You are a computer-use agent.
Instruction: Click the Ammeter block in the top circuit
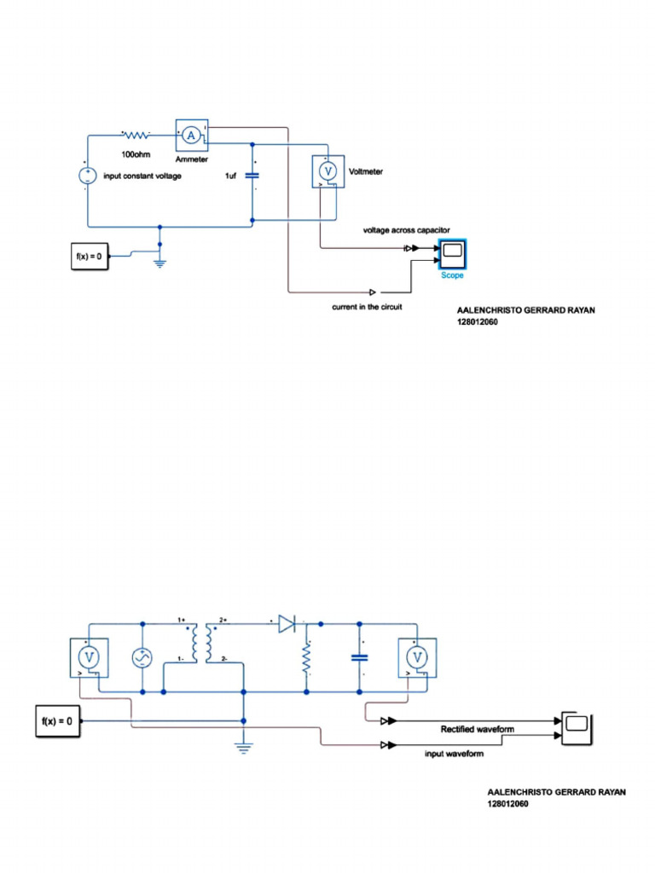[192, 136]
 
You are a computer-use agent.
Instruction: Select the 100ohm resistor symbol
[136, 135]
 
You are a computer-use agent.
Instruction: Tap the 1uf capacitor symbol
[252, 176]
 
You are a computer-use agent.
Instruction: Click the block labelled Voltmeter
[328, 171]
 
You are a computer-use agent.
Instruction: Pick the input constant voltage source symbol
[88, 176]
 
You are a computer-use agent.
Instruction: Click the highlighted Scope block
[452, 254]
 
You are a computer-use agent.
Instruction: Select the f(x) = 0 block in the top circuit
[90, 257]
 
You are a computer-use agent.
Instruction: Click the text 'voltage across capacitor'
[407, 230]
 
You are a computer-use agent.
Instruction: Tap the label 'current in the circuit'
[367, 307]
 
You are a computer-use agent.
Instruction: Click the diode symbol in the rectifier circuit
[287, 624]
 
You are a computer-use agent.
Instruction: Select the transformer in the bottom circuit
[201, 643]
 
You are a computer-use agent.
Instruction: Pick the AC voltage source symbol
[142, 658]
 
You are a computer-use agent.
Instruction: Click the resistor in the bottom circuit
[306, 659]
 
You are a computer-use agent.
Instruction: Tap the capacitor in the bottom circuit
[360, 657]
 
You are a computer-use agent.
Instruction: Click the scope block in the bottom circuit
[577, 728]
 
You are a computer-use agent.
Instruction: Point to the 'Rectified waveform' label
[478, 730]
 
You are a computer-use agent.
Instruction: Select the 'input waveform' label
[454, 754]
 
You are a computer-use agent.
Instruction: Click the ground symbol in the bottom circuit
[243, 748]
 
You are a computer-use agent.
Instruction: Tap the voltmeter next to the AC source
[89, 658]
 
